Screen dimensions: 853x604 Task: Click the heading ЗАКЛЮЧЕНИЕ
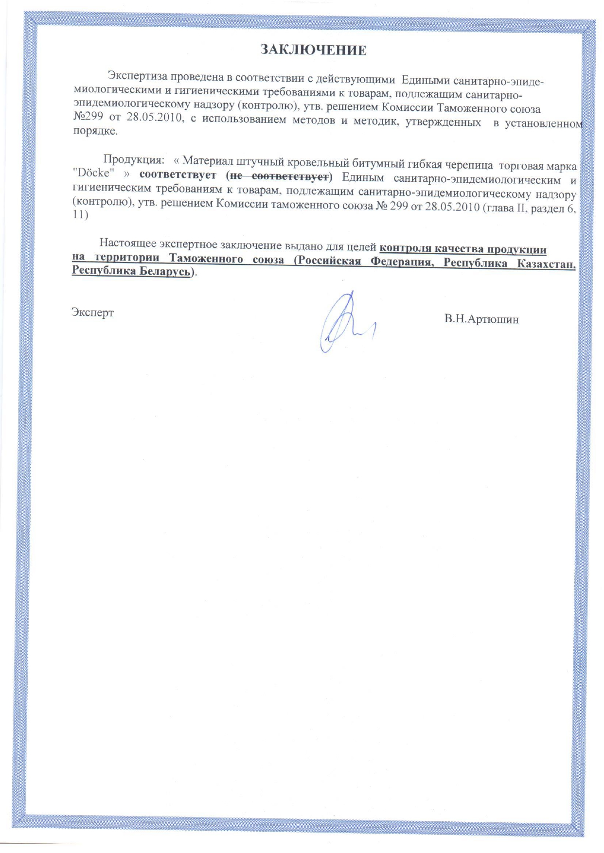pos(313,50)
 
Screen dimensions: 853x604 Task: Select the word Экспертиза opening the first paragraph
pos(137,76)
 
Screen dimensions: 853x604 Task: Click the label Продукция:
pos(133,159)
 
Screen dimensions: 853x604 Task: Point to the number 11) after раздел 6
pos(80,214)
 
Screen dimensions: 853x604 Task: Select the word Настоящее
pos(127,243)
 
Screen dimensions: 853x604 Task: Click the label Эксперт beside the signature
pos(92,312)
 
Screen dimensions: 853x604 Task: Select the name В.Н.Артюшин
pos(481,319)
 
